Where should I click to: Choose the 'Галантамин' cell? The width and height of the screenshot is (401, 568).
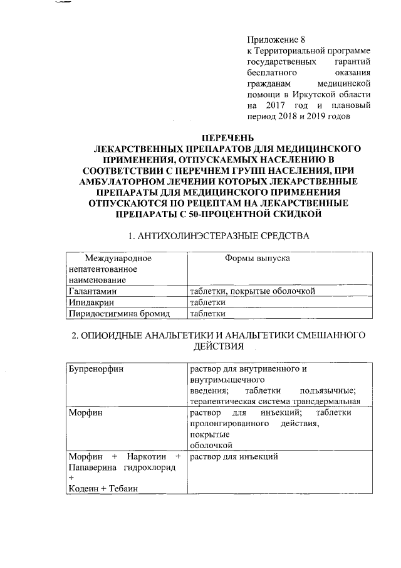pyautogui.click(x=93, y=291)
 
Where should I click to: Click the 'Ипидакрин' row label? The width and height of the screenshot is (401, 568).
pyautogui.click(x=90, y=302)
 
